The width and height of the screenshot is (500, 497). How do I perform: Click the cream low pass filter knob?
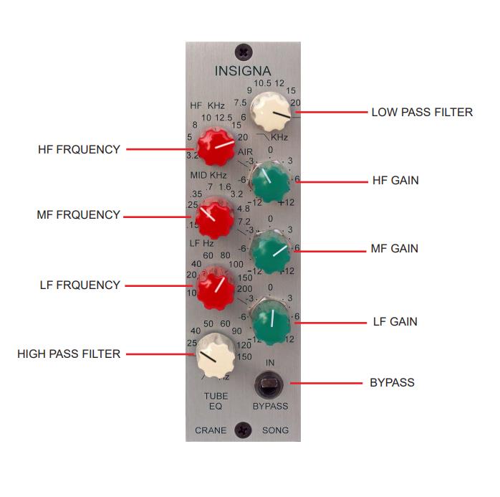pos(271,114)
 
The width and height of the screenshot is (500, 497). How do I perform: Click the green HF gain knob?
pos(271,181)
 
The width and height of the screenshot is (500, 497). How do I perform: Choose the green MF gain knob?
pos(271,250)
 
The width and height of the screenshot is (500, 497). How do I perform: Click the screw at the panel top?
pos(244,52)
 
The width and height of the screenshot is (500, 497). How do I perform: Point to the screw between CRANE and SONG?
pos(244,430)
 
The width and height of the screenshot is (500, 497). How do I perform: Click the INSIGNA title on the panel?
pos(243,71)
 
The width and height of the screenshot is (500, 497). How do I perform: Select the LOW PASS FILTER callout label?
pos(422,112)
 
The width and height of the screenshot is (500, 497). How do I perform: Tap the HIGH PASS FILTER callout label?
pos(69,354)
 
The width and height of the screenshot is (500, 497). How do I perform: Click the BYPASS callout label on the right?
pos(392,382)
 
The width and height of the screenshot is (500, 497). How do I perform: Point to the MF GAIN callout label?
pos(395,249)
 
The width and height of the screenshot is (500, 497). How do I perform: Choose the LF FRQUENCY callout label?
pos(80,285)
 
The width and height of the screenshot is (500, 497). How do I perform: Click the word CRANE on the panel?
pos(211,430)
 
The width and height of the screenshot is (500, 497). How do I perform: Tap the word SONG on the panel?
pos(274,430)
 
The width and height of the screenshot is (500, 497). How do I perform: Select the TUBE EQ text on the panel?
pos(216,400)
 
